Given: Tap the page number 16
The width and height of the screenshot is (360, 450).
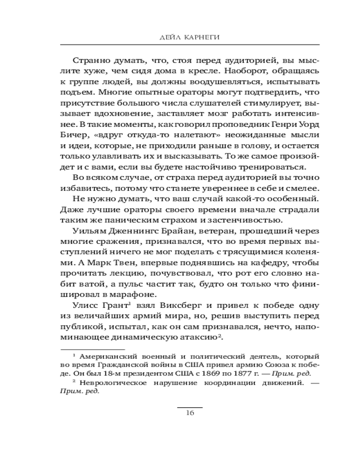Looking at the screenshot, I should pyautogui.click(x=189, y=414).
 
